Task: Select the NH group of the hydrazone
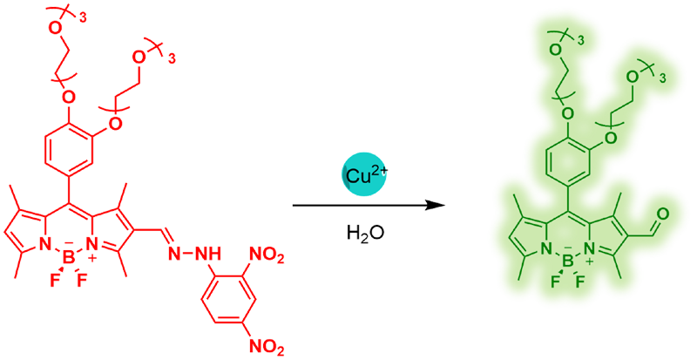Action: pos(211,254)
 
